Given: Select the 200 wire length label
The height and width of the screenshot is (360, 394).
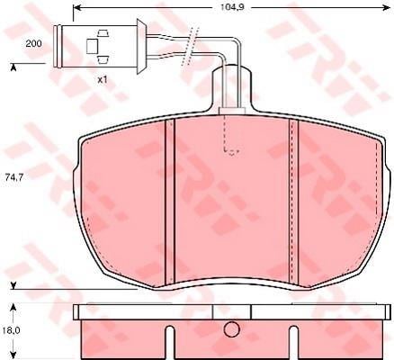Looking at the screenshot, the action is tap(33, 44).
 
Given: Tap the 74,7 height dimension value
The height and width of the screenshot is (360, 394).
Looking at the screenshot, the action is tap(14, 177).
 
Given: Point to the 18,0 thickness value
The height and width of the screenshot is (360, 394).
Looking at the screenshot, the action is tap(12, 330).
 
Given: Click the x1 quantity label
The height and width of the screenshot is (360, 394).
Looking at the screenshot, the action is tap(103, 80).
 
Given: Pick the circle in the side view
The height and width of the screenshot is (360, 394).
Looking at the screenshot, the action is tap(232, 329).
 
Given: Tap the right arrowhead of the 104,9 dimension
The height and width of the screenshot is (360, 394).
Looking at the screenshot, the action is tap(385, 7).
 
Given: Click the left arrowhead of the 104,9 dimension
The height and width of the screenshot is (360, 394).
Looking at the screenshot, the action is tap(77, 7).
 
